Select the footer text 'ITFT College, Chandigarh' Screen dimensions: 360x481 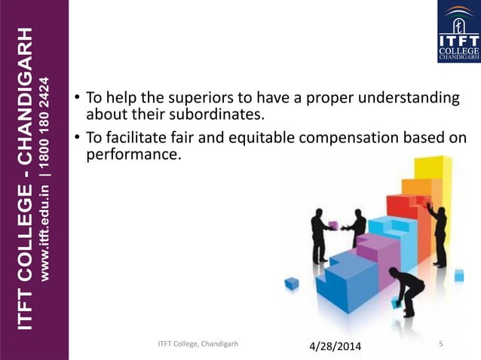(198, 344)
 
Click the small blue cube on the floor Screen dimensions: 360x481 (292, 283)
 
